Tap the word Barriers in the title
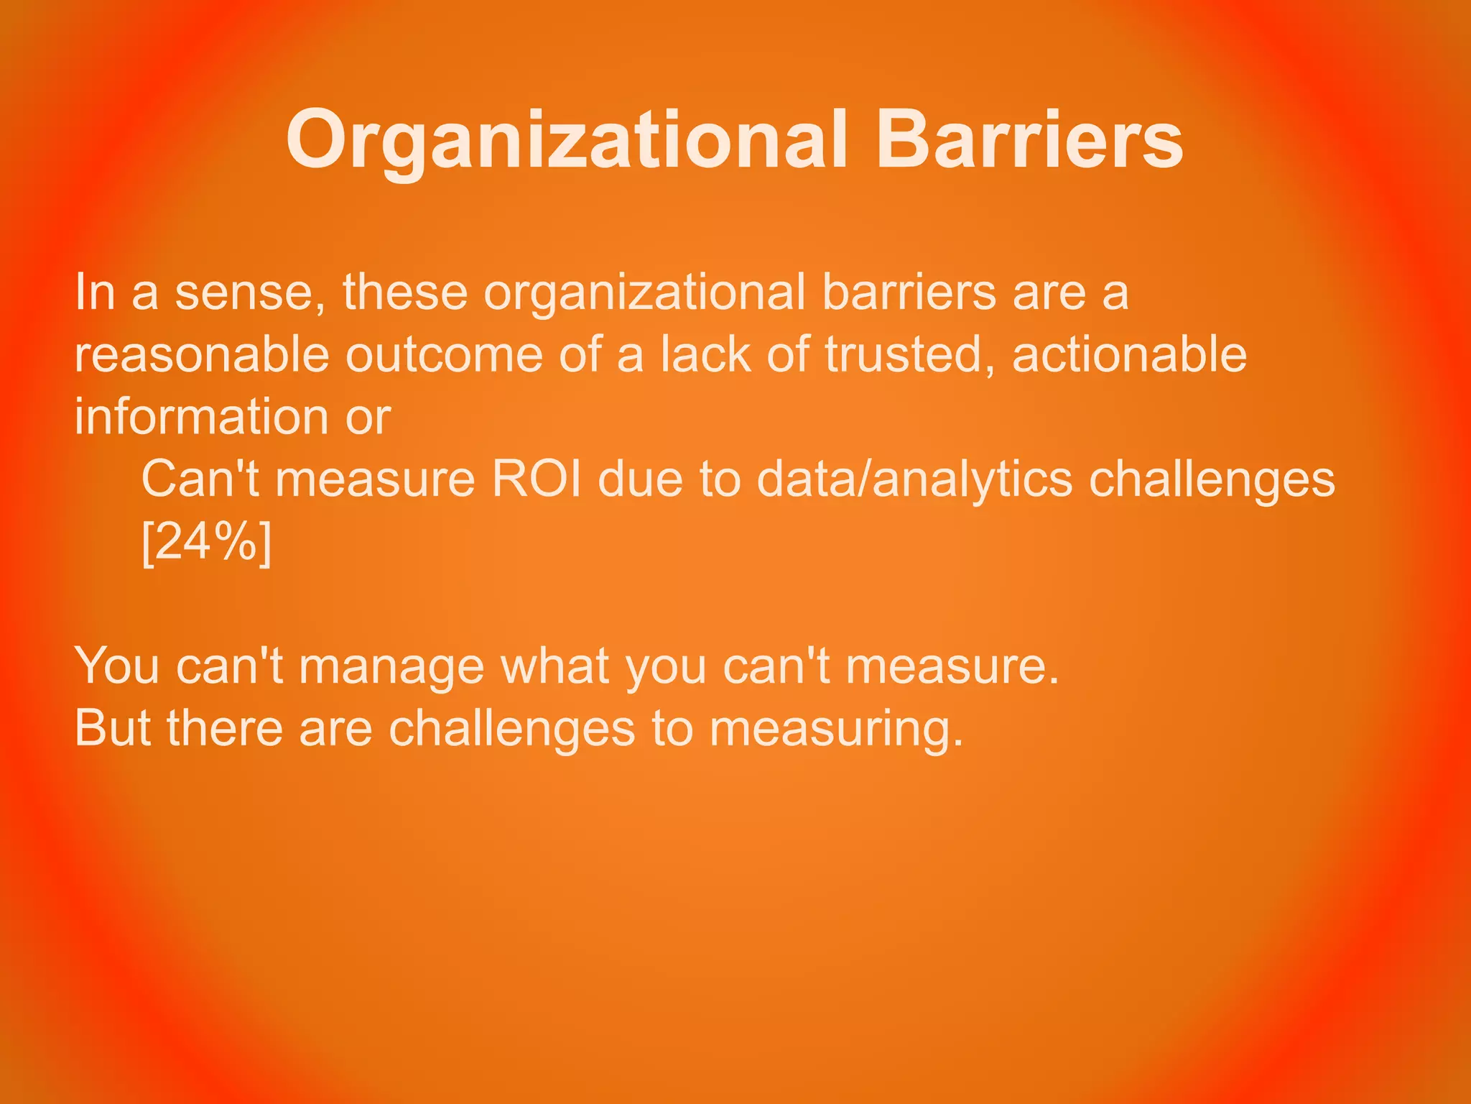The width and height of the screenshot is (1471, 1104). click(x=1029, y=140)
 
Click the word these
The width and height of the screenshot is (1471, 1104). click(x=405, y=293)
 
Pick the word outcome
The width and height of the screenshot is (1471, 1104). click(x=444, y=354)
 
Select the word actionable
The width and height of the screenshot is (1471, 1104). click(x=1129, y=354)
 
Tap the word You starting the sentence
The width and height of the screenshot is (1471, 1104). click(x=117, y=666)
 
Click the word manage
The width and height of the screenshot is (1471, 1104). click(x=391, y=666)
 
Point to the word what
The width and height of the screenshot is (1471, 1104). click(x=554, y=666)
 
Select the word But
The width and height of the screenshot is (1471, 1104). click(x=113, y=728)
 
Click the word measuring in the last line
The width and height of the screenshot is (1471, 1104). click(x=836, y=728)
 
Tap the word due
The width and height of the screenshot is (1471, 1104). click(x=640, y=479)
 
